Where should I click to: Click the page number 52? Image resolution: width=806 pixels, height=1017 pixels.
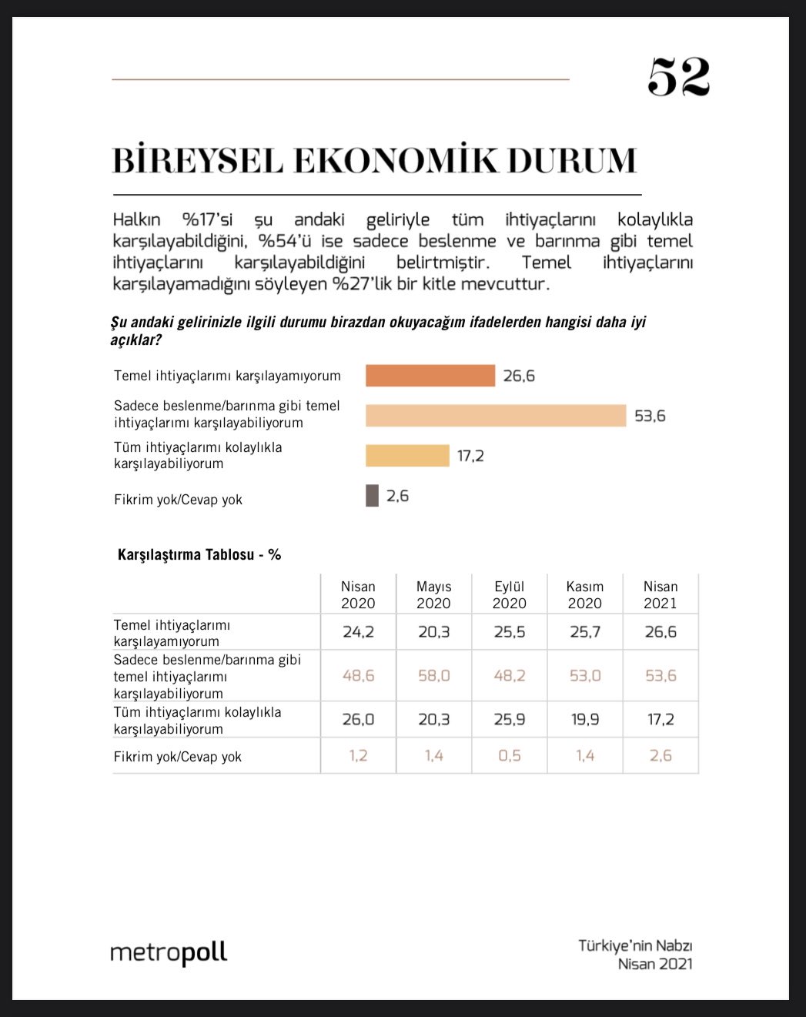(678, 77)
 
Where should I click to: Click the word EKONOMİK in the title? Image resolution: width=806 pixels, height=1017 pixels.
(395, 160)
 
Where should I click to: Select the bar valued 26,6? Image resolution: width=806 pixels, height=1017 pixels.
(430, 376)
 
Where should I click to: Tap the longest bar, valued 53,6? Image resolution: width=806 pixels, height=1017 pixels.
(496, 416)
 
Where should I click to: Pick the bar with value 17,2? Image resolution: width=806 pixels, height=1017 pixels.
(407, 456)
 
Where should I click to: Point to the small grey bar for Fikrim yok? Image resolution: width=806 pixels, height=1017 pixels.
(372, 496)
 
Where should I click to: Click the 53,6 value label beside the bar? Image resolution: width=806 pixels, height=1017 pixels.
(650, 416)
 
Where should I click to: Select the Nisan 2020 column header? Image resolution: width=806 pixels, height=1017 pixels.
(358, 595)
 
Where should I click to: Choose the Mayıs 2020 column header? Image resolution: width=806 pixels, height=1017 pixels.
(433, 595)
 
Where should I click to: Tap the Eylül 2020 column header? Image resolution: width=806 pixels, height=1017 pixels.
(509, 595)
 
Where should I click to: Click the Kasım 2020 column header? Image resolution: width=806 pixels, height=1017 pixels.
(584, 595)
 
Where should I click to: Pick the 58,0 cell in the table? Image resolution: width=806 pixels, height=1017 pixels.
(433, 676)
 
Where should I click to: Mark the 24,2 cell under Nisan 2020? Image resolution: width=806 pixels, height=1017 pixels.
(358, 632)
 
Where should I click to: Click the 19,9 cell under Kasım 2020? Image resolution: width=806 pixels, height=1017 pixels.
(584, 720)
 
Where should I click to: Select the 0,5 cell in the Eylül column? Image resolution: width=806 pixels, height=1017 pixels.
(509, 756)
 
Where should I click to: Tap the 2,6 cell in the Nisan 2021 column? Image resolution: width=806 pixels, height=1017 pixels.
(661, 756)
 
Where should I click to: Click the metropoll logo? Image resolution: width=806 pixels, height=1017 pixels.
(169, 953)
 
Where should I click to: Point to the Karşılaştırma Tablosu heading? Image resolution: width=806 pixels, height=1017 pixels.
(199, 554)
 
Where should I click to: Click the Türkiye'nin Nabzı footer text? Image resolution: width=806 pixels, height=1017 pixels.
(635, 945)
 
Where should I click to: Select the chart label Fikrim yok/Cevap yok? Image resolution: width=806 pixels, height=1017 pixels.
(178, 500)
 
